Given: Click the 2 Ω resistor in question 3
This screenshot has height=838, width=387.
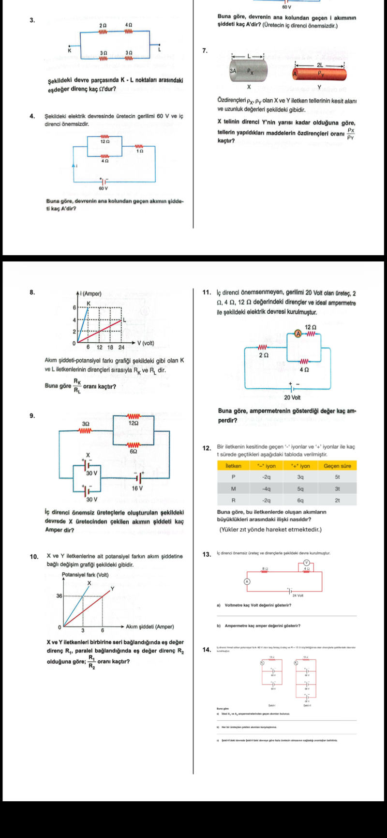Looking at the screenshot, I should click(x=103, y=32).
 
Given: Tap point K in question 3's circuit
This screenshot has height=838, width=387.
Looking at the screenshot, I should click(x=70, y=50).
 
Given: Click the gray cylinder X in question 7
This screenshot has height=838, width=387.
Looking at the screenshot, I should click(x=248, y=71).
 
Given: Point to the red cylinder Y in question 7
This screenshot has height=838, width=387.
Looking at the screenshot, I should click(x=319, y=74).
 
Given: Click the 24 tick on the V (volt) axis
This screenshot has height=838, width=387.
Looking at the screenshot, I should click(x=121, y=347).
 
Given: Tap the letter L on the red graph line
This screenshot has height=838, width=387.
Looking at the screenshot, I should click(x=124, y=320).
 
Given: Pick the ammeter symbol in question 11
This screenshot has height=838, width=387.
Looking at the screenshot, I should click(x=298, y=334).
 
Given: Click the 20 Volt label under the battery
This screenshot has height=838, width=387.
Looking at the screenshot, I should click(x=292, y=397).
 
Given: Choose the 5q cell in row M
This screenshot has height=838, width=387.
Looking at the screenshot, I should click(x=300, y=488).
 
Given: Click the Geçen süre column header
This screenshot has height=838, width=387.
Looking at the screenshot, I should click(x=337, y=466).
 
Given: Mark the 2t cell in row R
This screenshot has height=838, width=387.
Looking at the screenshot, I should click(x=337, y=500).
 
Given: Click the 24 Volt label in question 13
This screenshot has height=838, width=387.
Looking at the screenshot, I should click(x=298, y=595).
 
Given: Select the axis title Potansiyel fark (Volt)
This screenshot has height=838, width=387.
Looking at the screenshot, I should click(x=85, y=575).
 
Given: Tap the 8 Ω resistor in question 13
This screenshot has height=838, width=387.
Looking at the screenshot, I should click(x=265, y=571).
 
